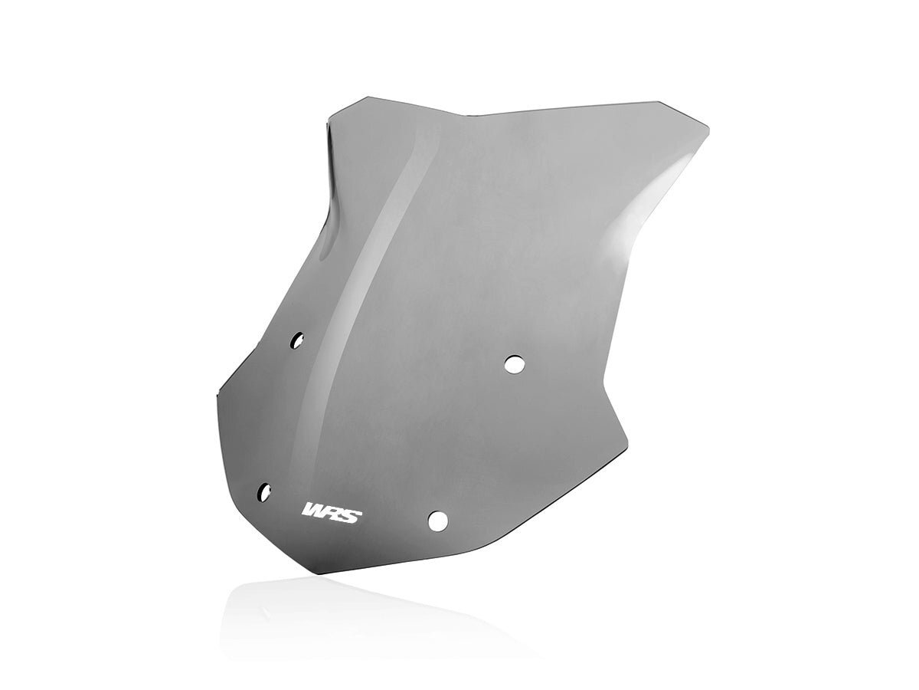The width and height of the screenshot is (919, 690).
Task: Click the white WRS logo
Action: click(332, 511)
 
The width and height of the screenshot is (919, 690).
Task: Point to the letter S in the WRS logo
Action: click(350, 511)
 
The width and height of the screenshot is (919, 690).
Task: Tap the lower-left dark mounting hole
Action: click(265, 490)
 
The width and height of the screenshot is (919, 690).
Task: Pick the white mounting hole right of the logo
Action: click(438, 521)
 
